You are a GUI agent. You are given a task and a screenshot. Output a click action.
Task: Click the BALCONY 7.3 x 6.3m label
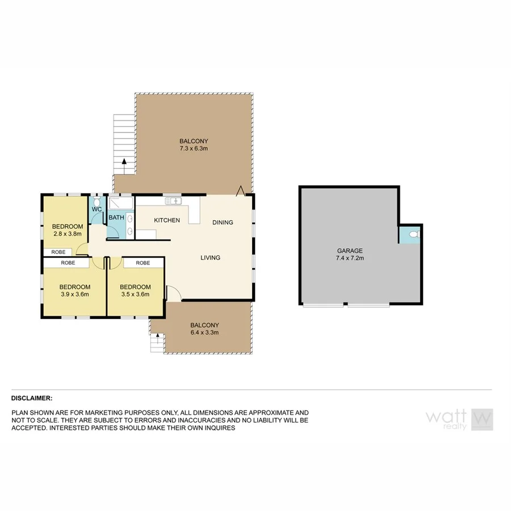tap(194, 145)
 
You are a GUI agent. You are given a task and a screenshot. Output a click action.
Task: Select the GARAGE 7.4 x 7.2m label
tap(350, 254)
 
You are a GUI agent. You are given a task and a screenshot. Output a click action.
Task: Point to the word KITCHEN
tap(167, 220)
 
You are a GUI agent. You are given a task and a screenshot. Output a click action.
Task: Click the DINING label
tap(223, 223)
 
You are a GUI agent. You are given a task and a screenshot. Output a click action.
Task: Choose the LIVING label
tap(210, 258)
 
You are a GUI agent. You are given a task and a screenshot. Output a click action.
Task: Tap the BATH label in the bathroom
tap(116, 217)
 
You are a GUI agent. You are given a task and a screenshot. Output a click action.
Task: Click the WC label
tap(97, 210)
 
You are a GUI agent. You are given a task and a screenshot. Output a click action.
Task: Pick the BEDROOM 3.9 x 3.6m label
tap(74, 290)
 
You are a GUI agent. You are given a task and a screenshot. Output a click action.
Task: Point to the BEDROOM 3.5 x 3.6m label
tap(136, 290)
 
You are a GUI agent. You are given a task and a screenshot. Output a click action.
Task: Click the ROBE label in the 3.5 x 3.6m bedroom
tap(143, 263)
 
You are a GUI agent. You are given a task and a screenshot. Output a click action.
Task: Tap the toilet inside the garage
tap(413, 233)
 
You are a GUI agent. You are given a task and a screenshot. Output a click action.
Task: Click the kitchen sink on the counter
tap(173, 200)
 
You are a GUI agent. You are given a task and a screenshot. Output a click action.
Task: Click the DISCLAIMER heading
tap(32, 399)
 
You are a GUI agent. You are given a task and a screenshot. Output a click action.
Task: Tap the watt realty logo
tap(459, 419)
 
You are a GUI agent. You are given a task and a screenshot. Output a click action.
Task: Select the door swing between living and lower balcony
tap(173, 292)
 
